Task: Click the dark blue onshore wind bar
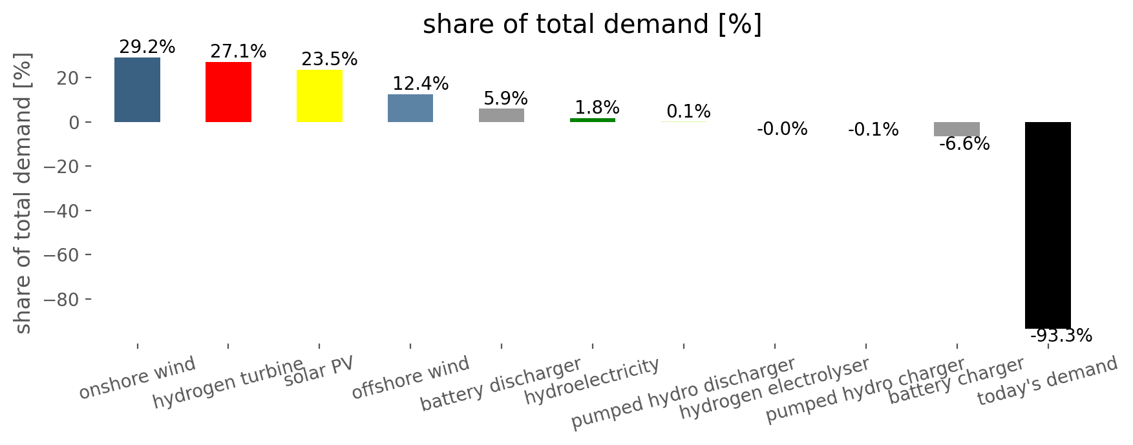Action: click(x=137, y=90)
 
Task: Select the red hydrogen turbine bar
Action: click(x=228, y=92)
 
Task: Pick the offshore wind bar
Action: click(x=410, y=108)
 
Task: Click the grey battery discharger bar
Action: click(x=502, y=115)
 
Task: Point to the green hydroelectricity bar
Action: click(x=593, y=119)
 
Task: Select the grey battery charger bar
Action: click(x=957, y=129)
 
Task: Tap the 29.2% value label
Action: click(x=147, y=47)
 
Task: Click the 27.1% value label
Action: click(x=238, y=52)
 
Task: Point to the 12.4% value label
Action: click(x=421, y=84)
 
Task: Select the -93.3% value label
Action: click(x=1061, y=336)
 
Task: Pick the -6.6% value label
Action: click(x=964, y=144)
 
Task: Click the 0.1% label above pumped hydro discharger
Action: click(x=688, y=112)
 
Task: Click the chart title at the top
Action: click(x=592, y=25)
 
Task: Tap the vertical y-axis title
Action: click(x=23, y=194)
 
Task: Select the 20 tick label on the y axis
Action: click(x=68, y=78)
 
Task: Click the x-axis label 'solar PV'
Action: click(x=319, y=371)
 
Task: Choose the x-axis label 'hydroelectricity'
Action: click(x=591, y=381)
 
